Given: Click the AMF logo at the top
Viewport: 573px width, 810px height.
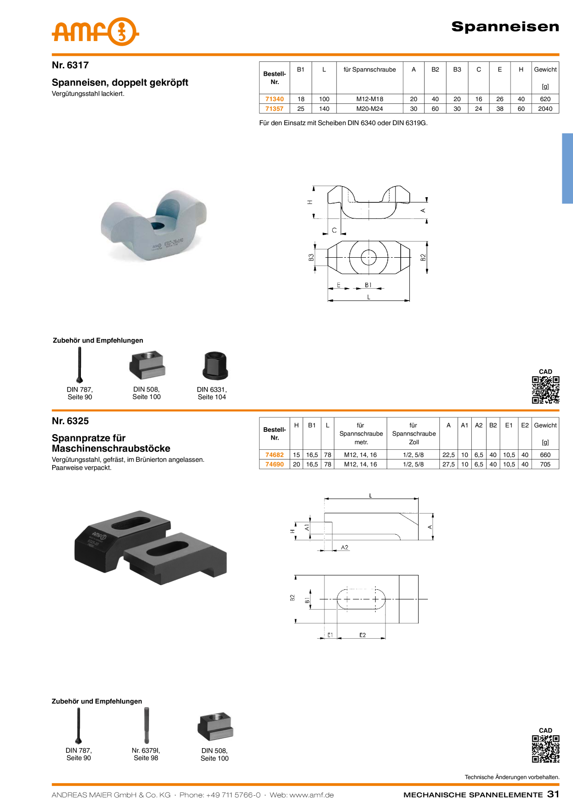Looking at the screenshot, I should (x=95, y=32).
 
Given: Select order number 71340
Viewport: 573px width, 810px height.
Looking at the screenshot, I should (x=274, y=99).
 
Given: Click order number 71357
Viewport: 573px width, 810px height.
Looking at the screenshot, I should (x=274, y=109).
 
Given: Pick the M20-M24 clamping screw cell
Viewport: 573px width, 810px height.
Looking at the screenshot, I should (x=370, y=109).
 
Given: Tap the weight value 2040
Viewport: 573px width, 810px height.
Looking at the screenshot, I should (x=545, y=109).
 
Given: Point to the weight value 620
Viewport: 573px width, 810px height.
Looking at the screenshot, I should (x=545, y=99).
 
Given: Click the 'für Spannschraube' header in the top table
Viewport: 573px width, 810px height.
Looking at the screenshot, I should (x=370, y=70).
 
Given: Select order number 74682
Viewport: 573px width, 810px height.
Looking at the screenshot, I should (x=274, y=455).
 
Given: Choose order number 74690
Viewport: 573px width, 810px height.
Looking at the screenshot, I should (x=274, y=464).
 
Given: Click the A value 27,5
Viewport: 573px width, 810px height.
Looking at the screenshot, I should (x=448, y=464).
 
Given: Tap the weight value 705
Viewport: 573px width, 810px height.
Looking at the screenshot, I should (x=545, y=464).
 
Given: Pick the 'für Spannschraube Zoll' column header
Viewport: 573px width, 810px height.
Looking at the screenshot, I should (x=414, y=434).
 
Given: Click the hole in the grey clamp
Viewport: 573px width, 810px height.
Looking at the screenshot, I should (x=158, y=225).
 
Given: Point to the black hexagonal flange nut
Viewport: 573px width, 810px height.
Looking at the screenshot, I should (x=214, y=365).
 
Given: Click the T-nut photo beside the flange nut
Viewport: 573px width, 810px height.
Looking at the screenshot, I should (x=146, y=365).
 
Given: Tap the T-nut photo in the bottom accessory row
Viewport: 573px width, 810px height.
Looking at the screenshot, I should (x=214, y=726).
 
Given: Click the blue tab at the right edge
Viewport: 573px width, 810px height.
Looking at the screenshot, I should (x=567, y=168).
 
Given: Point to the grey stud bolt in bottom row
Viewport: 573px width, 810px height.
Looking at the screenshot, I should (x=146, y=725).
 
